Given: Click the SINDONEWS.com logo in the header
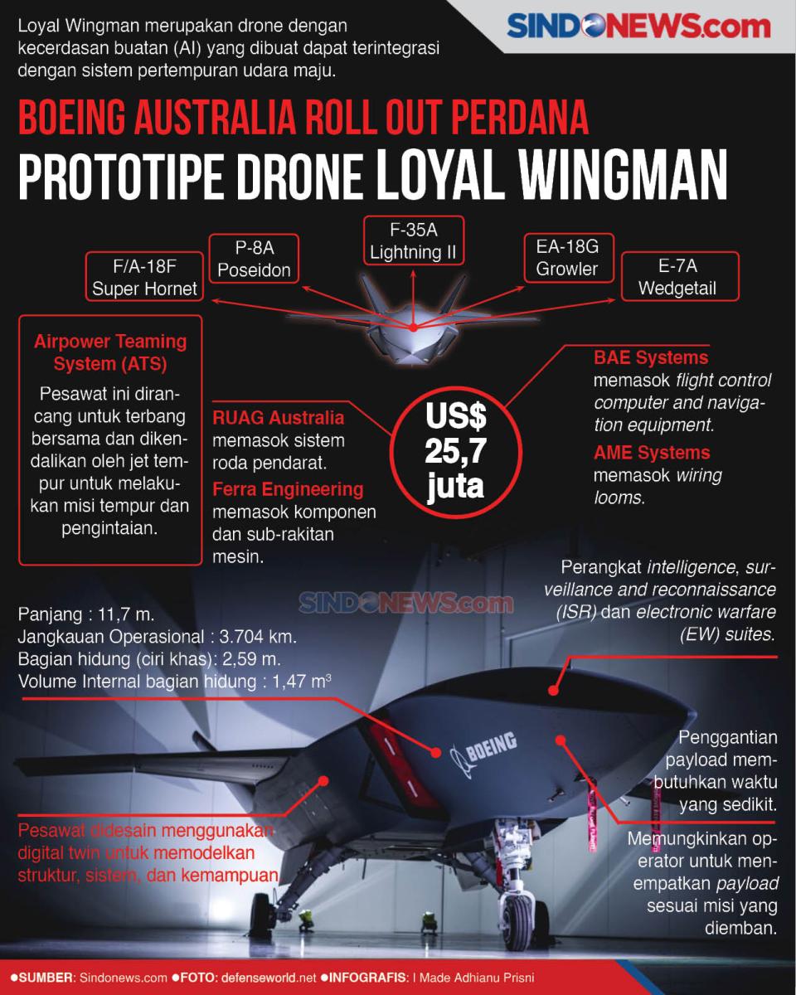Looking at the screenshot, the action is [638, 26].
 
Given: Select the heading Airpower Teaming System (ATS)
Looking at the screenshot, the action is [110, 352].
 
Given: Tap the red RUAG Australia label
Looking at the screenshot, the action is [279, 418].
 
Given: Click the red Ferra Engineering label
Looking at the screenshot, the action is [289, 489].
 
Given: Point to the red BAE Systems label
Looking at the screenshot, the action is [651, 357].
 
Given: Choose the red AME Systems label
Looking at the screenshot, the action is [652, 452].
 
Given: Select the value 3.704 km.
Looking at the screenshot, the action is [258, 637].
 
